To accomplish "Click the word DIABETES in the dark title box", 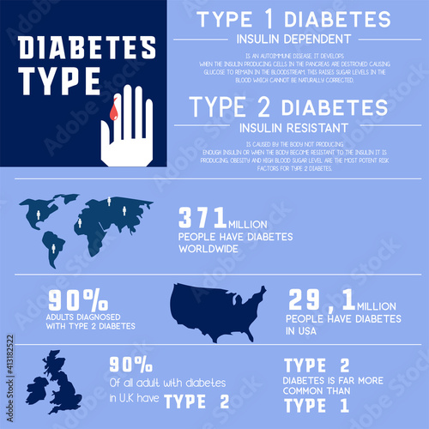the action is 87,49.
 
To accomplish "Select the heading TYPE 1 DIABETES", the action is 294,20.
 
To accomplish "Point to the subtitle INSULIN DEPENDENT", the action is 294,39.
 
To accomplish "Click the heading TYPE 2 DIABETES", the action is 288,107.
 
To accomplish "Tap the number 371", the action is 202,217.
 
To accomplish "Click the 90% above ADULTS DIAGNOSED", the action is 78,299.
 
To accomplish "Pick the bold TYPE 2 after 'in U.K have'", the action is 196,401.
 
